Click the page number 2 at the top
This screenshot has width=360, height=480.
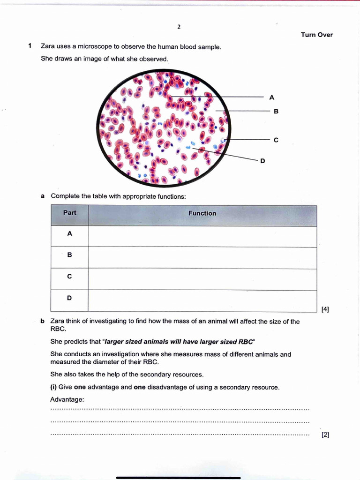point(179,27)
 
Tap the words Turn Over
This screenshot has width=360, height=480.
point(316,35)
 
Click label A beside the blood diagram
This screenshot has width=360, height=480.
point(272,97)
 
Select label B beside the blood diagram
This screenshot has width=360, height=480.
point(276,112)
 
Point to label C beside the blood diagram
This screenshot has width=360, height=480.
point(276,140)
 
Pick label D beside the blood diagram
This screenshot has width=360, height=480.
point(262,161)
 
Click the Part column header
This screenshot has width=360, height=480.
point(70,213)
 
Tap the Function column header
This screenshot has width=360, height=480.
point(202,213)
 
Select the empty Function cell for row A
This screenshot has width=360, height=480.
point(202,236)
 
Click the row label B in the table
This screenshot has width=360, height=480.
point(69,255)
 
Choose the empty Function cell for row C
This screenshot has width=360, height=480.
point(202,279)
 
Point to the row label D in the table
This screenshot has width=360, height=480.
point(69,298)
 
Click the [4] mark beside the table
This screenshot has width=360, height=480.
point(325,309)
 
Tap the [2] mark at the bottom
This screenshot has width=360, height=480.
point(325,435)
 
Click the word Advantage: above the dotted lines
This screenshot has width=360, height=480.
point(67,399)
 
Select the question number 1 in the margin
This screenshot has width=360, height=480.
point(30,46)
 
